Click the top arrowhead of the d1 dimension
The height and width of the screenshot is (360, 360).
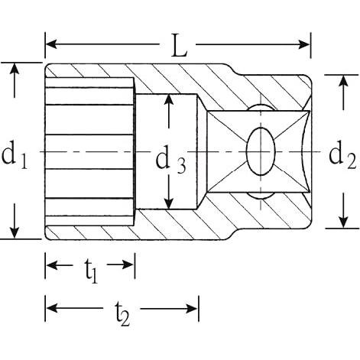[x=15, y=68]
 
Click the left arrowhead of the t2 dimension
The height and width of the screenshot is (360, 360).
[x=50, y=308]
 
